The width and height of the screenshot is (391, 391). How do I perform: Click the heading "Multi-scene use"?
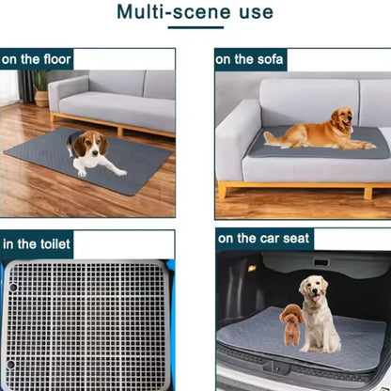195,12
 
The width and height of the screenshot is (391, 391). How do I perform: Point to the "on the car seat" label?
264,239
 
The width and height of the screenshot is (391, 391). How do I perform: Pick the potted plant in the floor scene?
40,87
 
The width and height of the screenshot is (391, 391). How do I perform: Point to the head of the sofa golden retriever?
343,119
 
